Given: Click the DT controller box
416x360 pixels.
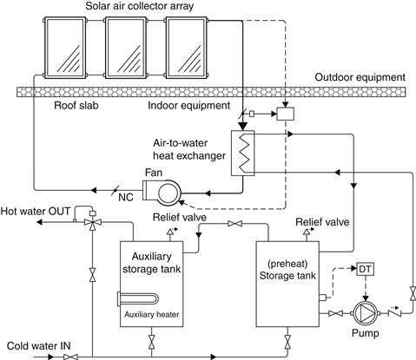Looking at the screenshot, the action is [x=366, y=269].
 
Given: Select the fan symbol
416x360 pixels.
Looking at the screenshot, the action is [x=162, y=191].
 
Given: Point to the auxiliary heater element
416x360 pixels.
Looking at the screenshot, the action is [x=137, y=298].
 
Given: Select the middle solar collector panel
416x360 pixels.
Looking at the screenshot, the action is [x=126, y=48].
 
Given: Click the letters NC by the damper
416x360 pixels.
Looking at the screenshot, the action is [x=126, y=198].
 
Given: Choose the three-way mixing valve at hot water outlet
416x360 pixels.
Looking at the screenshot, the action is [x=93, y=222].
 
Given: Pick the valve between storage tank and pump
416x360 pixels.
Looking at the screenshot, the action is [x=336, y=313].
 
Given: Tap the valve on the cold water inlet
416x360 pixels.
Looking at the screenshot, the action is [x=70, y=357].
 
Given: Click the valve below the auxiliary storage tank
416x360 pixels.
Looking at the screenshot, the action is [x=151, y=342].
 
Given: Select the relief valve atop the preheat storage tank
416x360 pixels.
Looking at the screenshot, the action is [x=308, y=232].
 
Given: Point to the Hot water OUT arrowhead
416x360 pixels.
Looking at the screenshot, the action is [x=40, y=222].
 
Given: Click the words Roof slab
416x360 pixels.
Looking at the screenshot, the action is [x=76, y=105].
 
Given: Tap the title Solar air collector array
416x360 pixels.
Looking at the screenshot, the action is [x=140, y=6].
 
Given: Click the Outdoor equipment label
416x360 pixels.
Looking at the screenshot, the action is [x=360, y=77].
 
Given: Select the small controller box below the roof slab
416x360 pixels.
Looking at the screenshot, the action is [x=286, y=114].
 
